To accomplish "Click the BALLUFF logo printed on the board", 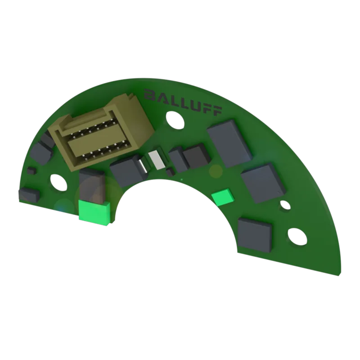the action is point(183,102).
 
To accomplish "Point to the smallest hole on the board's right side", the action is point(284,205).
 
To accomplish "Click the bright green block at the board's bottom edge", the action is point(94,212).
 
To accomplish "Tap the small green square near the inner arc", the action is point(222,197).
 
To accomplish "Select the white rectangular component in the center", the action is point(157,160).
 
